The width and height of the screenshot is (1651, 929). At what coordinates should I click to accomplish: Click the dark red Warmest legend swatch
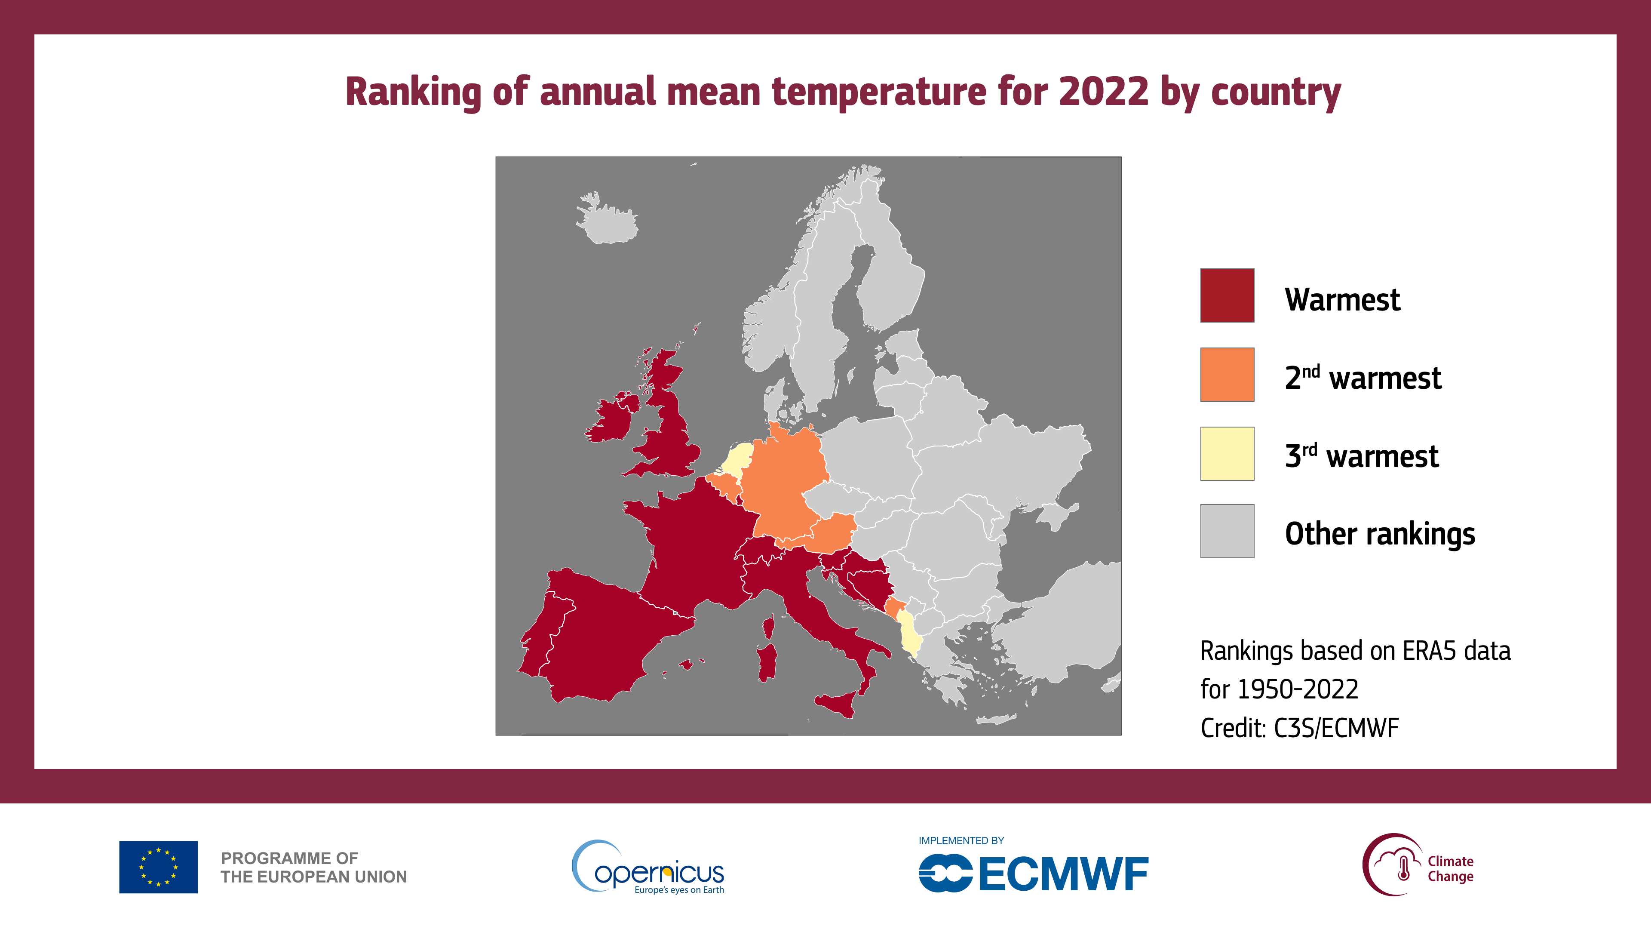tap(1227, 295)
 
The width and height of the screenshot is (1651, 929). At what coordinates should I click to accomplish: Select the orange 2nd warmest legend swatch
tap(1227, 375)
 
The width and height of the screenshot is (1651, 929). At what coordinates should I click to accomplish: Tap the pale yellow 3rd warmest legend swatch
tap(1227, 453)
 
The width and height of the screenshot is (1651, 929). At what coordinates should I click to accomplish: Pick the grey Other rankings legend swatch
tap(1227, 531)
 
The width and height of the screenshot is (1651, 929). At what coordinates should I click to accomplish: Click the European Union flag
tap(158, 867)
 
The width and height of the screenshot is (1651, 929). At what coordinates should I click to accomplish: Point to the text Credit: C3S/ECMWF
tap(1299, 728)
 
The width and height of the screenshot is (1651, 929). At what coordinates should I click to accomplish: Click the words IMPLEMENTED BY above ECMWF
tap(961, 840)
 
